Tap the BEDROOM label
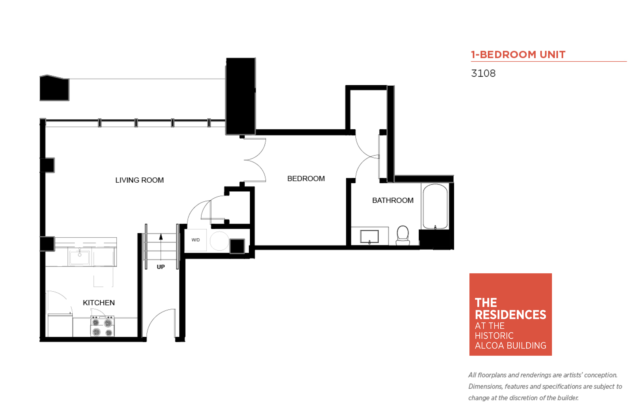(x=306, y=178)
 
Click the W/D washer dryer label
(x=196, y=240)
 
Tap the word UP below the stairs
(x=161, y=267)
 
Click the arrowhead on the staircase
(x=161, y=237)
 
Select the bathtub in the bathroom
(x=435, y=206)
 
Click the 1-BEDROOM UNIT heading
(x=518, y=55)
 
